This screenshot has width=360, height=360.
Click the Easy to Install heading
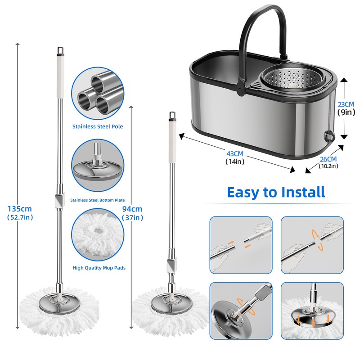276,192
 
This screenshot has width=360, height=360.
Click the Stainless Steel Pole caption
98,126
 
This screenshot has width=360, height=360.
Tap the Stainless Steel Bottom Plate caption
98,200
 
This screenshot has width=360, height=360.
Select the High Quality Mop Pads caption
99,268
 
